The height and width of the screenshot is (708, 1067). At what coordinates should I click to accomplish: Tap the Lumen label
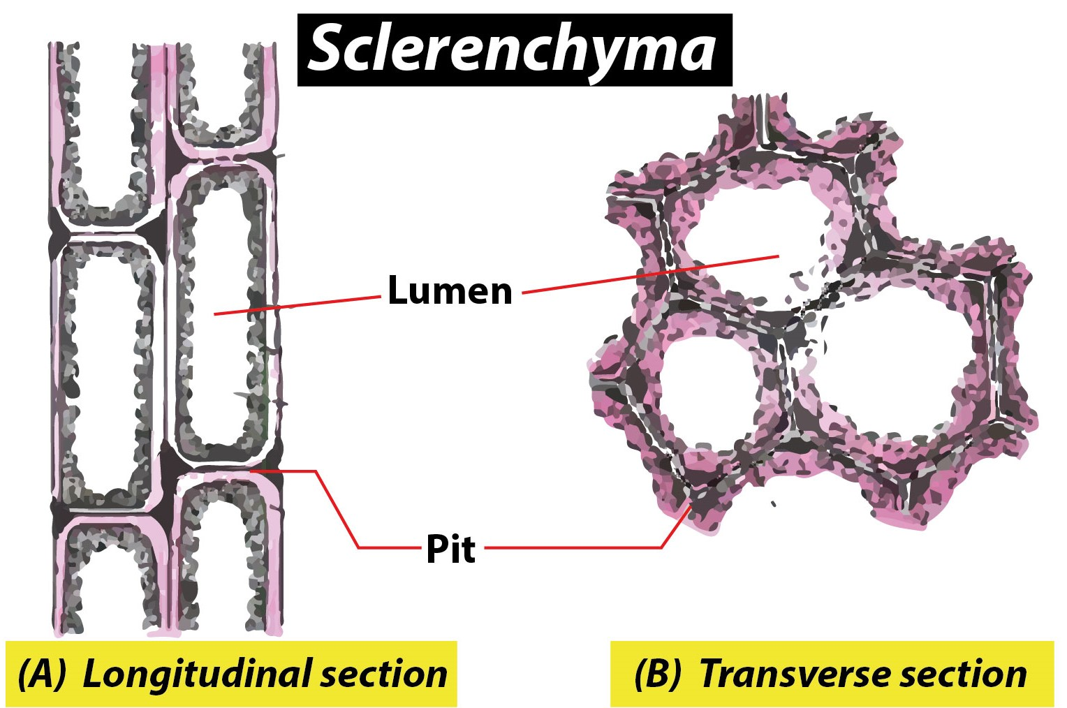(450, 290)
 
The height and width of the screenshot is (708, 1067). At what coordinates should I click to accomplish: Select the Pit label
(450, 550)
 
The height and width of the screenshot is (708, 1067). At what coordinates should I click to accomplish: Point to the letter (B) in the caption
(656, 674)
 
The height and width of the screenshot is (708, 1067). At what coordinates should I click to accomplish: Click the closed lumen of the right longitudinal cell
(222, 307)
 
